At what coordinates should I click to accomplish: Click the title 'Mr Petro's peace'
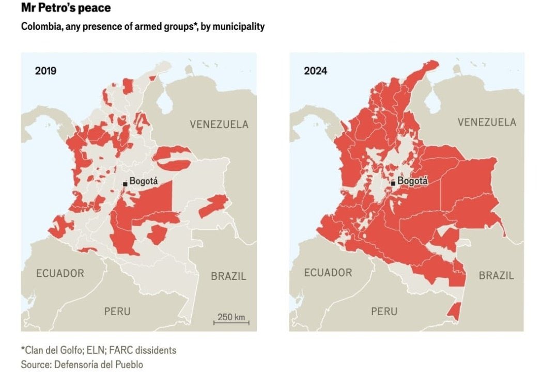[x=66, y=8]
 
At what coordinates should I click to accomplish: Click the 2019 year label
[x=45, y=71]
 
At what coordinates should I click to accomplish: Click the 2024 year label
[x=315, y=71]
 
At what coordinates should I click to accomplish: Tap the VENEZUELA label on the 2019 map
[x=219, y=124]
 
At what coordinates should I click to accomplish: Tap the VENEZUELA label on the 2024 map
[x=487, y=122]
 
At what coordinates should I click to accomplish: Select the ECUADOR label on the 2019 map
[x=60, y=273]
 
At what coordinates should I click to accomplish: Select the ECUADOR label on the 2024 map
[x=328, y=273]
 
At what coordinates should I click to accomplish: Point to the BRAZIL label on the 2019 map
[x=228, y=276]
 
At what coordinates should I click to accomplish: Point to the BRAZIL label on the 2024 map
[x=496, y=276]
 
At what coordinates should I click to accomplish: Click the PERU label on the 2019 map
[x=117, y=311]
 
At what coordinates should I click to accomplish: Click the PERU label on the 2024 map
[x=384, y=311]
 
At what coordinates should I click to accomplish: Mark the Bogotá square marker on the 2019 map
[x=125, y=183]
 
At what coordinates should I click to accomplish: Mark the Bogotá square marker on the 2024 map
[x=393, y=183]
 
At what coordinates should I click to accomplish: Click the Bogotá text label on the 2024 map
[x=413, y=182]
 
